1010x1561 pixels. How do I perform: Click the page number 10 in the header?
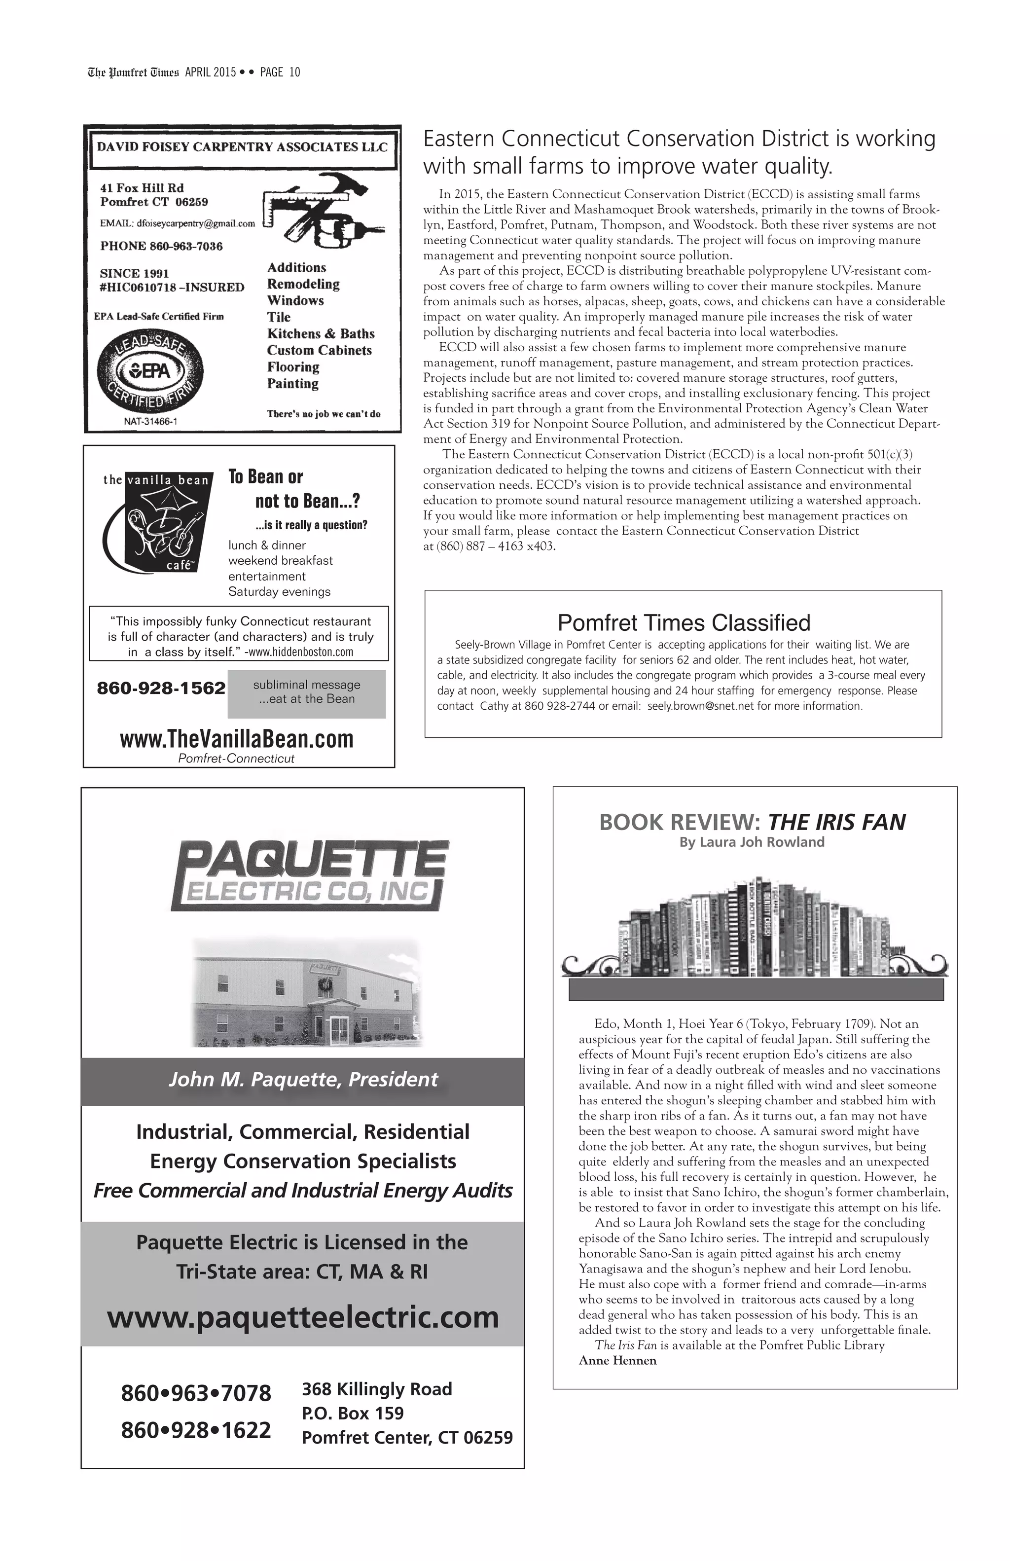(x=294, y=72)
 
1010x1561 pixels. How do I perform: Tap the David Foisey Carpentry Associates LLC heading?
(x=242, y=147)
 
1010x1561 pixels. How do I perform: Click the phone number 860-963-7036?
(x=161, y=247)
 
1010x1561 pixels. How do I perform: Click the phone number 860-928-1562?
(x=161, y=688)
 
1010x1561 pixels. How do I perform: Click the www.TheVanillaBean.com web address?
(x=237, y=739)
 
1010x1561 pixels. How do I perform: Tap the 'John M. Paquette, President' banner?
(x=302, y=1080)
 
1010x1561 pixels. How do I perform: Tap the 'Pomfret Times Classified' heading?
(x=684, y=622)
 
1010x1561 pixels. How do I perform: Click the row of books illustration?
(x=754, y=928)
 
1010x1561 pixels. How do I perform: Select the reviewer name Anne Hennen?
(x=617, y=1361)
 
